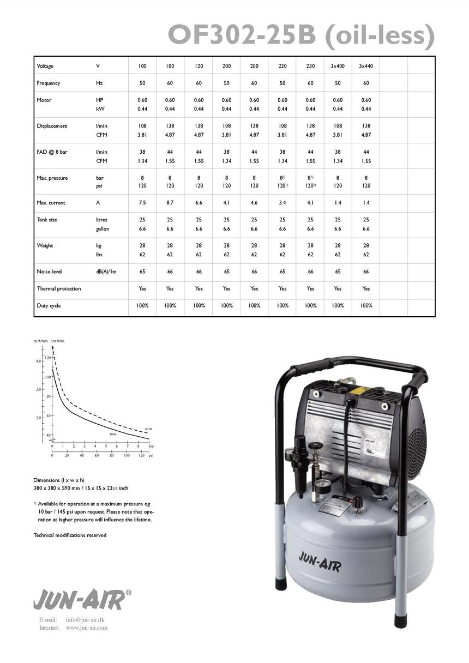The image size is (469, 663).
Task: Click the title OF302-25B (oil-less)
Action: point(301,35)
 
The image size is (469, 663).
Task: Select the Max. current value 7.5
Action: point(142,203)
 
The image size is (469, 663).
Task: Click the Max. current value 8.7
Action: point(170,203)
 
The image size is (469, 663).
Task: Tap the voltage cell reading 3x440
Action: point(366,66)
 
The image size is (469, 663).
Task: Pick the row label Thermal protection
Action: point(58,288)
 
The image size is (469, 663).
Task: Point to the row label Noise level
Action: point(49,272)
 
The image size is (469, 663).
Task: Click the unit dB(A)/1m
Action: point(106,272)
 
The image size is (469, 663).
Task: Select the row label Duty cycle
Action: point(49,305)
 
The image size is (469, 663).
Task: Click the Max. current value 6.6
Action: point(199,203)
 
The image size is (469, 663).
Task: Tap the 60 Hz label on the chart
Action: point(148,429)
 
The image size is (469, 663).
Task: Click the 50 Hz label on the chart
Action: point(113,434)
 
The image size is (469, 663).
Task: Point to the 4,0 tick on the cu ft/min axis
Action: point(39,361)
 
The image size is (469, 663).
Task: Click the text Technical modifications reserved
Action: point(70,535)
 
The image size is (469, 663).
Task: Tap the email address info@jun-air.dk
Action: point(86,620)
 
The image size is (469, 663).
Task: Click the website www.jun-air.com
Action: point(87,628)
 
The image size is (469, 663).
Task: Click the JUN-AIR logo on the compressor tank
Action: point(320,562)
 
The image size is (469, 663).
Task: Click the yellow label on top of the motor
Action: point(359,390)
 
